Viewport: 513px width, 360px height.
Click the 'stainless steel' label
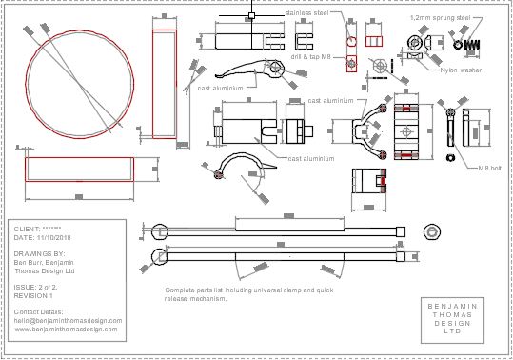tap(306, 13)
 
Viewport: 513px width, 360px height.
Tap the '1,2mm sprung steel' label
tap(440, 17)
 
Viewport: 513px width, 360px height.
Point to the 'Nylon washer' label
tap(462, 70)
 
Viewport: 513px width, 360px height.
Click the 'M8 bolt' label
tap(489, 168)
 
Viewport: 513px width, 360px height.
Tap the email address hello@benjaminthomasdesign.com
tap(69, 321)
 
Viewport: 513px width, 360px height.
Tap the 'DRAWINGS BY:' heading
tap(39, 254)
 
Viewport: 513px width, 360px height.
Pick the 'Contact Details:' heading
tap(39, 311)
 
